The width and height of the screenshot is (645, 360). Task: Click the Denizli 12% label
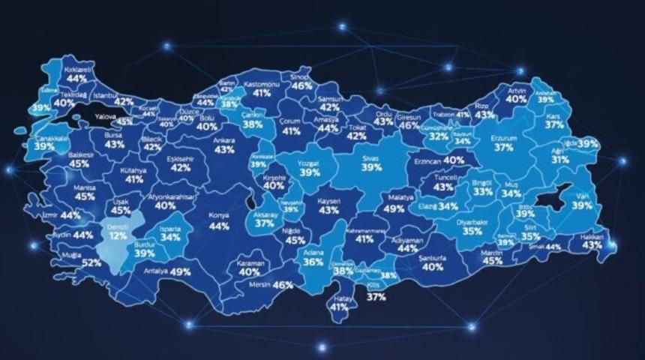click(116, 230)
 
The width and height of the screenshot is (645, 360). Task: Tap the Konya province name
click(219, 214)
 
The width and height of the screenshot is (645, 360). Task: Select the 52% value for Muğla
click(91, 262)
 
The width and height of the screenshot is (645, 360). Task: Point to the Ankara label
click(224, 139)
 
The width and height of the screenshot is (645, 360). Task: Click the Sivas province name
click(371, 158)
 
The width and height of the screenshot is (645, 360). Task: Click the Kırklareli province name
click(76, 69)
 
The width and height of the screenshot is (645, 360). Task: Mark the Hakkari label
click(592, 235)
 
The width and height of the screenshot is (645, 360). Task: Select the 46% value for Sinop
click(302, 86)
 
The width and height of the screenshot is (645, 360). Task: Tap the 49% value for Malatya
click(394, 209)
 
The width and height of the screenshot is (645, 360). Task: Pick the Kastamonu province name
click(262, 84)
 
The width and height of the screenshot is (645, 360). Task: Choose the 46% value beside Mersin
click(283, 285)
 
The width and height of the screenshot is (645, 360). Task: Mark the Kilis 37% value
click(376, 297)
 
